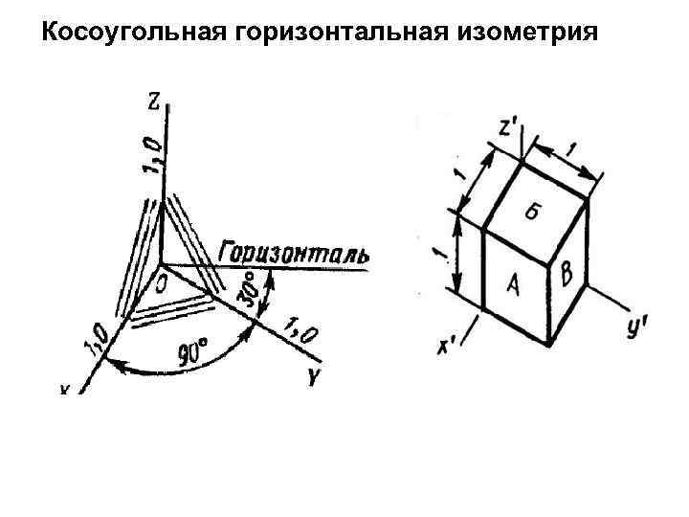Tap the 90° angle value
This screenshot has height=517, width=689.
click(x=194, y=352)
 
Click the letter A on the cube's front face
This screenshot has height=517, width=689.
click(x=514, y=285)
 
